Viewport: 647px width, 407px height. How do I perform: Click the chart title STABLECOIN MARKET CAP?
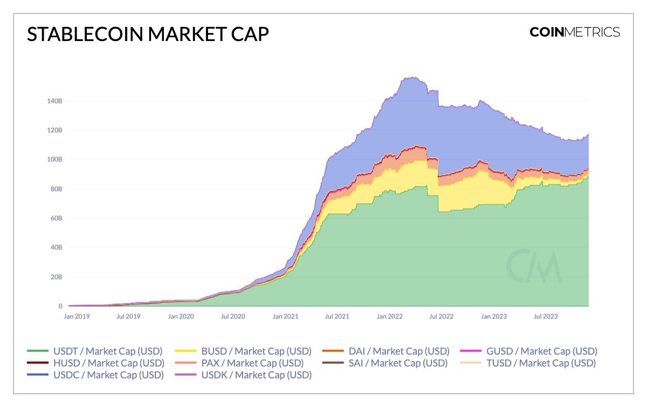[147, 33]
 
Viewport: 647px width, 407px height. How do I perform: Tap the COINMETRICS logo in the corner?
[575, 32]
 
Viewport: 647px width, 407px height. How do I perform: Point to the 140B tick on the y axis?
[53, 101]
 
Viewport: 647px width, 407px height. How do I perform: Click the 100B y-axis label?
[53, 160]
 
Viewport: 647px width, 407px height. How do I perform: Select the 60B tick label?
[54, 219]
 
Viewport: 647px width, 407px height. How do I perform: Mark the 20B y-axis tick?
[54, 277]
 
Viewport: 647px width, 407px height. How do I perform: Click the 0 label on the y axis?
[60, 306]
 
